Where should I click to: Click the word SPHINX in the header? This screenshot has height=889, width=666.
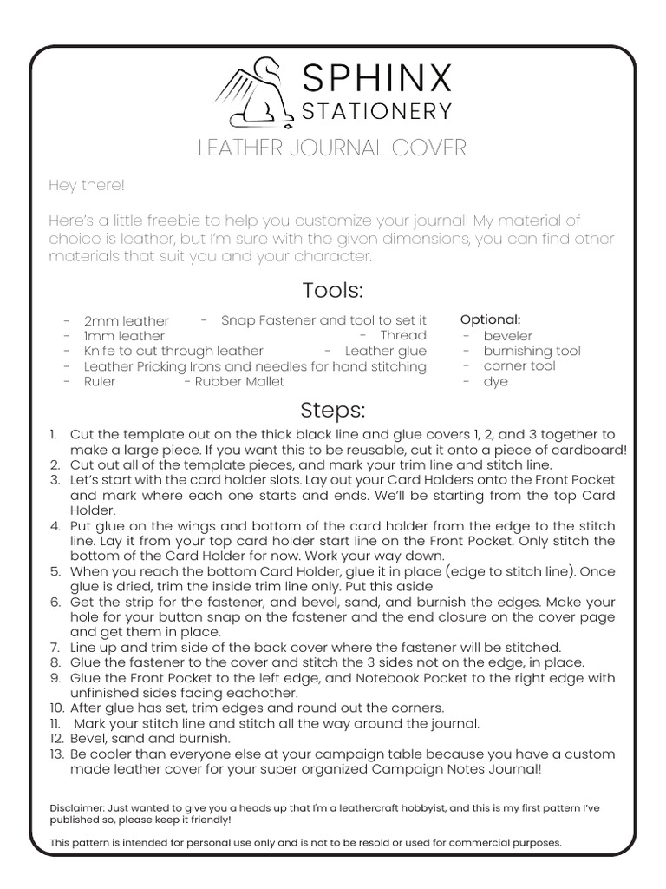[376, 80]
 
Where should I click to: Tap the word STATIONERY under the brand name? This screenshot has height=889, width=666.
[376, 112]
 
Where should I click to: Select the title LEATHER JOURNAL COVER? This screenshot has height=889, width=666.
[332, 148]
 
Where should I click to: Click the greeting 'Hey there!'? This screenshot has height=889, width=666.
[87, 186]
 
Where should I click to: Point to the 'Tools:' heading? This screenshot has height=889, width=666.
[332, 290]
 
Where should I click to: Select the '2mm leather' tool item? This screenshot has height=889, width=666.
[127, 321]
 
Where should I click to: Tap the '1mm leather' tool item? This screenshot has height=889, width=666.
[124, 336]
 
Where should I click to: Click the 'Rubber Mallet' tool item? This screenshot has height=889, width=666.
[239, 381]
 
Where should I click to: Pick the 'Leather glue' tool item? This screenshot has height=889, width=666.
[386, 351]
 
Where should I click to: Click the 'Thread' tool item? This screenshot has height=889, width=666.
[403, 335]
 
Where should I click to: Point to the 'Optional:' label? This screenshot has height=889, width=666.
[490, 319]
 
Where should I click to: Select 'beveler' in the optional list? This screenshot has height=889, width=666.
[508, 336]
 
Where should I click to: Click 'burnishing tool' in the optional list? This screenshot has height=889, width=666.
[532, 351]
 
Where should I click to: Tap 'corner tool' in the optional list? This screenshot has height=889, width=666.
[519, 365]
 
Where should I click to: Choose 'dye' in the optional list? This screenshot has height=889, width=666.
[496, 381]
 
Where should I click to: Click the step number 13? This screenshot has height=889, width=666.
[55, 754]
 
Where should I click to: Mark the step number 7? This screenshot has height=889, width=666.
[55, 648]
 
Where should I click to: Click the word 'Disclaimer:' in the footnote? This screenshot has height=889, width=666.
[77, 807]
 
